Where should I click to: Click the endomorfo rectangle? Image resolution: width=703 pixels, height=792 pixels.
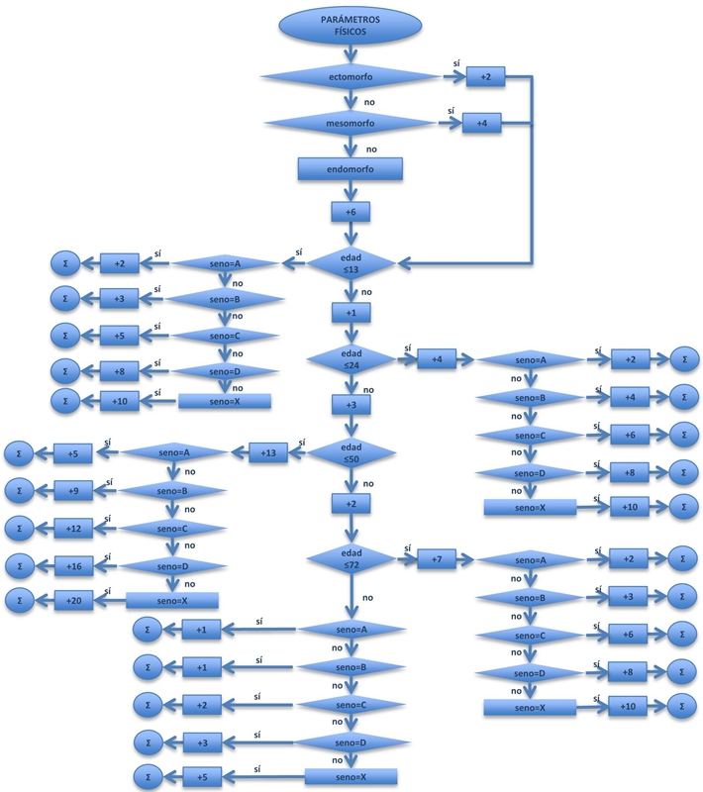click(x=350, y=169)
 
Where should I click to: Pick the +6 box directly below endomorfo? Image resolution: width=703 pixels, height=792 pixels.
click(x=351, y=213)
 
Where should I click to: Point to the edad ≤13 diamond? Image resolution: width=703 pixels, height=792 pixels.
click(x=351, y=263)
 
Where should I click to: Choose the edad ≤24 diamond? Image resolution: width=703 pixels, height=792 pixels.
click(x=351, y=359)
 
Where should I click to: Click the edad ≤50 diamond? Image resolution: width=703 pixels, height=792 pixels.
click(x=351, y=453)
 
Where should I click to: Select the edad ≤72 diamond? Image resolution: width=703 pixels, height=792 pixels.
click(x=351, y=559)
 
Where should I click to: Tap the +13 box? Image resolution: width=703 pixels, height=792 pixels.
click(x=267, y=453)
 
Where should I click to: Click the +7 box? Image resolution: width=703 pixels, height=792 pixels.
click(x=436, y=559)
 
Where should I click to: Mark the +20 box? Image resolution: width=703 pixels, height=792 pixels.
click(x=72, y=601)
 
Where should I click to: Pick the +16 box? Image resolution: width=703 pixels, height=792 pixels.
click(x=72, y=565)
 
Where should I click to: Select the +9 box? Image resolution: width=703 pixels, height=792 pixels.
click(x=72, y=490)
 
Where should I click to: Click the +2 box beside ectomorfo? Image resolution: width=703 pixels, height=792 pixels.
click(x=485, y=76)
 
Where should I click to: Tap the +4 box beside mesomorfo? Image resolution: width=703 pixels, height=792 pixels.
click(x=481, y=124)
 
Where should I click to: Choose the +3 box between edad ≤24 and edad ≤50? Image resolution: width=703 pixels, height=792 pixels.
click(x=351, y=406)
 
